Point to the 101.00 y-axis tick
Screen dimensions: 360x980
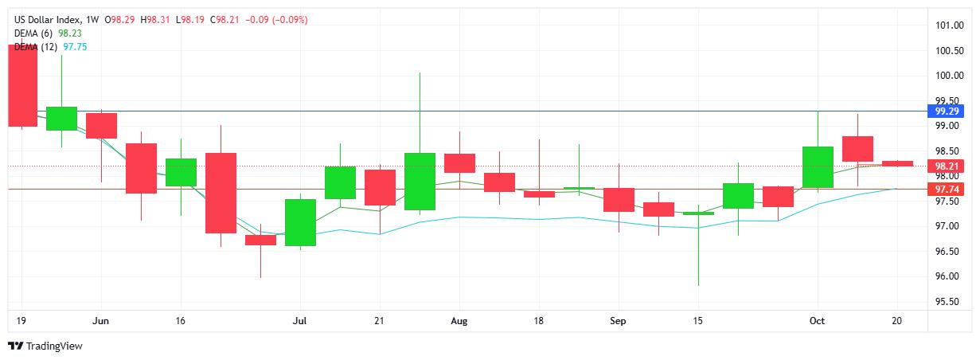click(950, 25)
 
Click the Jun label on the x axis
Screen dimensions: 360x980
click(101, 321)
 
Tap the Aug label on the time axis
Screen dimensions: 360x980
click(459, 321)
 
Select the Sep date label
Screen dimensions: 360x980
click(619, 321)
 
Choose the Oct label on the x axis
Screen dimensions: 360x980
click(818, 321)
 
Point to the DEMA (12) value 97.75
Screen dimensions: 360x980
click(76, 46)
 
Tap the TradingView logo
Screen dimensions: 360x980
click(45, 346)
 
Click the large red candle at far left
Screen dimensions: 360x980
click(22, 85)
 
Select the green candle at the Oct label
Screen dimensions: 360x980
click(818, 167)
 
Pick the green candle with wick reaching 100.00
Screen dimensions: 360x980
click(420, 182)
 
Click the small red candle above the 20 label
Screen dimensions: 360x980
click(897, 163)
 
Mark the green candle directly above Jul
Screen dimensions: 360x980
click(300, 222)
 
